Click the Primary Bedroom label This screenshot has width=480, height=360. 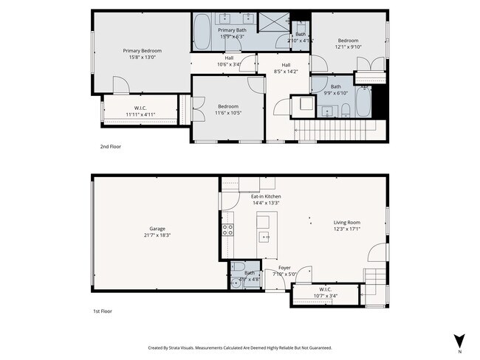coord(142,51)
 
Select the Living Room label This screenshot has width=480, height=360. coord(346,222)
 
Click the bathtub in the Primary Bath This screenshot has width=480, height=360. coord(202,32)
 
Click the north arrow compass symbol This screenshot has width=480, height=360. coord(459,341)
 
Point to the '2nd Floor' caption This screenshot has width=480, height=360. coord(110,147)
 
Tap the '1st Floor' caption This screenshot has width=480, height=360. coord(103,311)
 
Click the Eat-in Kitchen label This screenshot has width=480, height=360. coord(266,197)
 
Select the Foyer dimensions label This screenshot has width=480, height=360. coord(284,274)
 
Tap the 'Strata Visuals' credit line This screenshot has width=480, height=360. coord(239,347)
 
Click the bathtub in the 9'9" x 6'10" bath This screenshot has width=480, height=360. coord(365,104)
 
